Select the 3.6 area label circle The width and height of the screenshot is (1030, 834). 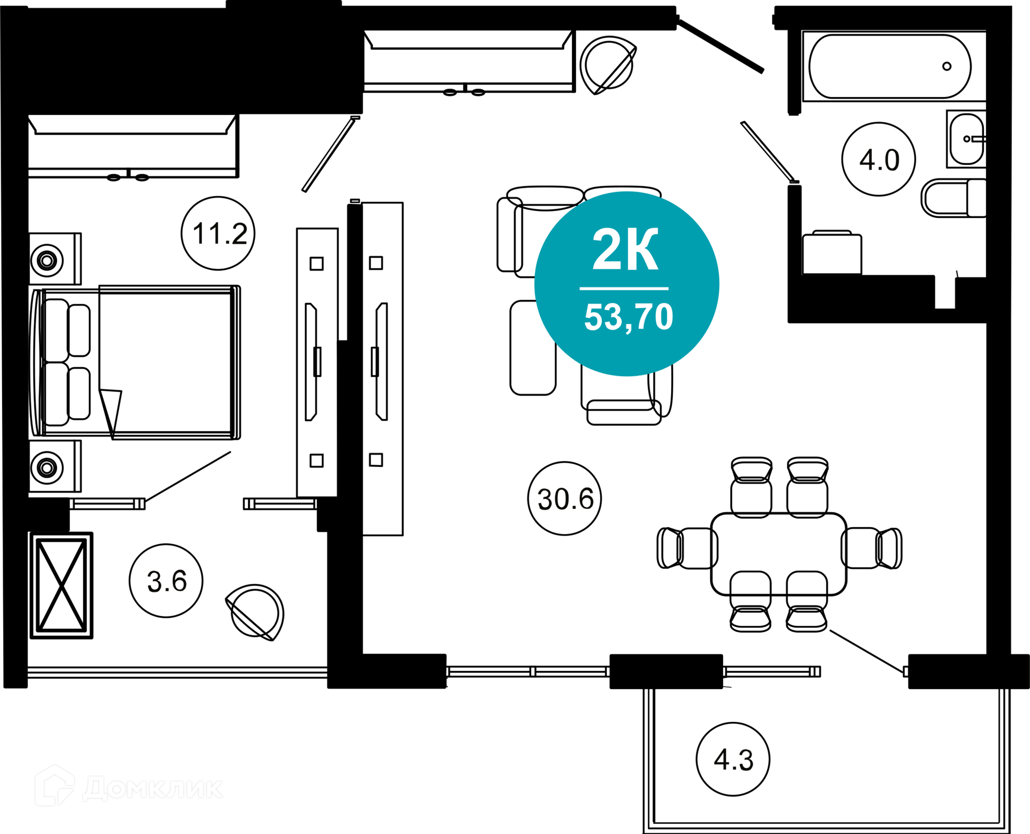[x=166, y=581]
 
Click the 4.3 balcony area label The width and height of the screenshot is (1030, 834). [x=733, y=759]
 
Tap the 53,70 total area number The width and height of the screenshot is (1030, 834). [x=628, y=317]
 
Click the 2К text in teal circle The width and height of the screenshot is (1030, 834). [x=626, y=250]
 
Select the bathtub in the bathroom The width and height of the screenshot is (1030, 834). [x=890, y=67]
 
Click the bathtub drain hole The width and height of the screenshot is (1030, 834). [x=947, y=67]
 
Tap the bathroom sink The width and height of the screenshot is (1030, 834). [x=967, y=139]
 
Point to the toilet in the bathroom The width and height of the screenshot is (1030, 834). [x=954, y=198]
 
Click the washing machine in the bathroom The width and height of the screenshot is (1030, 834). [x=832, y=253]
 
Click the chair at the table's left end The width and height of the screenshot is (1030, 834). [x=687, y=548]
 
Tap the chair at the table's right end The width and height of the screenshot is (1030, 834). [x=872, y=548]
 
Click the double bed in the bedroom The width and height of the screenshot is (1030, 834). [x=136, y=362]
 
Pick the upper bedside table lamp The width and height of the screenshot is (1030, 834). [x=47, y=260]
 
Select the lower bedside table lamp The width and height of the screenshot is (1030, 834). [x=47, y=467]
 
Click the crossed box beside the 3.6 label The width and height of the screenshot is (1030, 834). [x=62, y=586]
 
